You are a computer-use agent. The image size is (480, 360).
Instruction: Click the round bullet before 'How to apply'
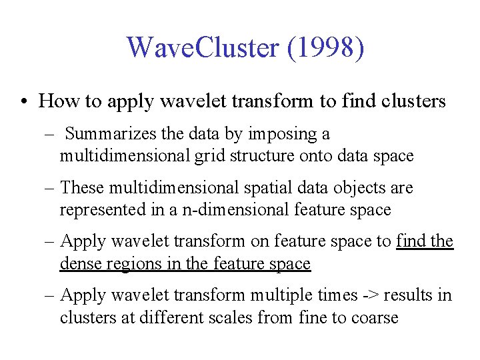pyautogui.click(x=23, y=102)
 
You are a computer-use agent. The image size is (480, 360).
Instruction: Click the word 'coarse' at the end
pyautogui.click(x=373, y=317)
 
